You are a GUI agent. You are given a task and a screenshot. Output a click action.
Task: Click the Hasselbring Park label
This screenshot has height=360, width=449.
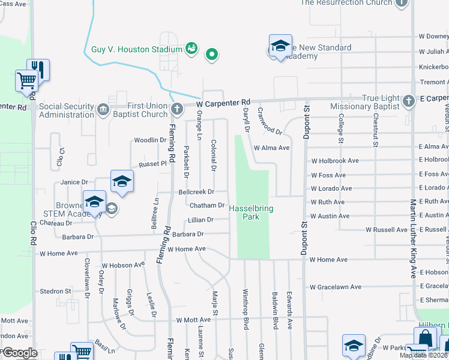coord(244,212)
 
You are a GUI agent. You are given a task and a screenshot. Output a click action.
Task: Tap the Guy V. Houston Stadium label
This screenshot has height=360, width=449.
coord(136,49)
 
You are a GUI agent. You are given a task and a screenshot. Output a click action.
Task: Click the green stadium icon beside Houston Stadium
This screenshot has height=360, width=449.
coord(191,49)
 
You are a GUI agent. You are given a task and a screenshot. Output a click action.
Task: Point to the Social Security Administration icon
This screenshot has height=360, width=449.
coord(103,109)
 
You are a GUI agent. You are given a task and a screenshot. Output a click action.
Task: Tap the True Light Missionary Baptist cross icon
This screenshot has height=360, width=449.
coord(409,100)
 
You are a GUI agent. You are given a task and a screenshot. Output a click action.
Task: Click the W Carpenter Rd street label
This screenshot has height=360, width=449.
coord(223,103)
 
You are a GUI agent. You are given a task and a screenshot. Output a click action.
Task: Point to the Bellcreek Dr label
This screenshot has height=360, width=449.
coord(196,192)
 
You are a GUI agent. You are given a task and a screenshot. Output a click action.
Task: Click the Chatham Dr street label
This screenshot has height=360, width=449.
coord(206,206)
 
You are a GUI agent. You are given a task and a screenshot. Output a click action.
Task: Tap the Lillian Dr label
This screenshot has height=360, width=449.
coord(200,220)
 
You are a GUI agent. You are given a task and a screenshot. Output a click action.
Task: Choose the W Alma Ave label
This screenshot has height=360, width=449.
coord(272,148)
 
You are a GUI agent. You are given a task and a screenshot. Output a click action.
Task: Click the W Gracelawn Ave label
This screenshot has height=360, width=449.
coord(336,287)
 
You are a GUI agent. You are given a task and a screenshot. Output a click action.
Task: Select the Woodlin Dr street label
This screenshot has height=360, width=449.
coord(149,140)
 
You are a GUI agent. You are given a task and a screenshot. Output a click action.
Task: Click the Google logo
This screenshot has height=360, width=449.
coord(20,353)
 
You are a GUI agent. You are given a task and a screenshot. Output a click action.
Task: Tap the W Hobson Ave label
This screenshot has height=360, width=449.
coord(123,265)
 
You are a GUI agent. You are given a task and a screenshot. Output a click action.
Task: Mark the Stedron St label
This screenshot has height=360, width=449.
coord(55,292)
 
